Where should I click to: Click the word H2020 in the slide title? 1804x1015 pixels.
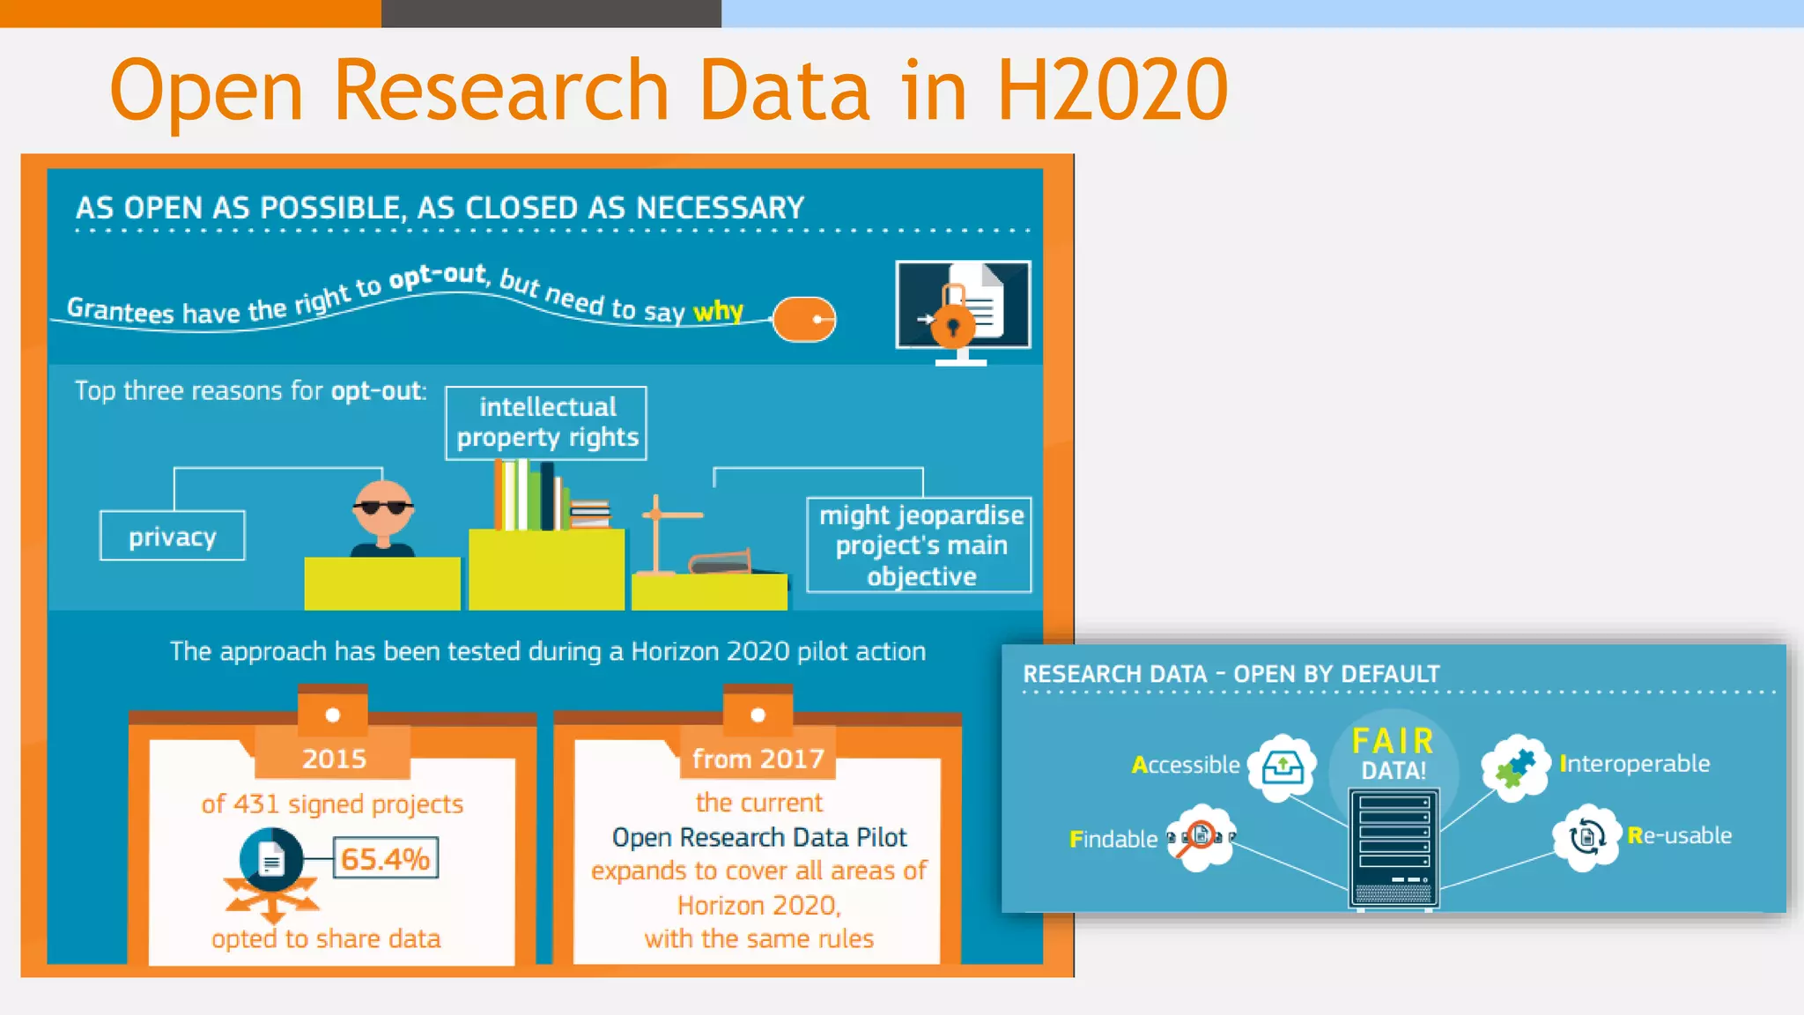(x=1112, y=90)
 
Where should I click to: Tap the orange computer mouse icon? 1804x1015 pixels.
(x=803, y=319)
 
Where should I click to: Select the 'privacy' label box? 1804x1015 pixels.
(x=173, y=536)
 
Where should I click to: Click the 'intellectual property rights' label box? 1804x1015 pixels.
(x=546, y=423)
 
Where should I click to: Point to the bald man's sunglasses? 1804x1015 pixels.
(x=382, y=507)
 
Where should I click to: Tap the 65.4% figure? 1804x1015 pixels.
(x=385, y=858)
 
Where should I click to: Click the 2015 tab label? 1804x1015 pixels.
(x=334, y=758)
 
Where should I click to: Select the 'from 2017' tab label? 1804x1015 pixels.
(x=758, y=758)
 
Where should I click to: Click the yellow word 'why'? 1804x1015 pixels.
(x=718, y=310)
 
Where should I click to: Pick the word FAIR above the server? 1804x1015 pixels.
(x=1393, y=741)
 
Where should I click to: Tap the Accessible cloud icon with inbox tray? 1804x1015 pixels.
(x=1283, y=767)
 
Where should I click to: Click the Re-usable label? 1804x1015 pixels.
(x=1679, y=835)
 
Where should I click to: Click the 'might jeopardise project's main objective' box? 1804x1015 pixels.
(x=920, y=545)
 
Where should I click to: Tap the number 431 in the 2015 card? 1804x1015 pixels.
(x=257, y=804)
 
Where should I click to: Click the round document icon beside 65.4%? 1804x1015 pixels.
(x=271, y=860)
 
